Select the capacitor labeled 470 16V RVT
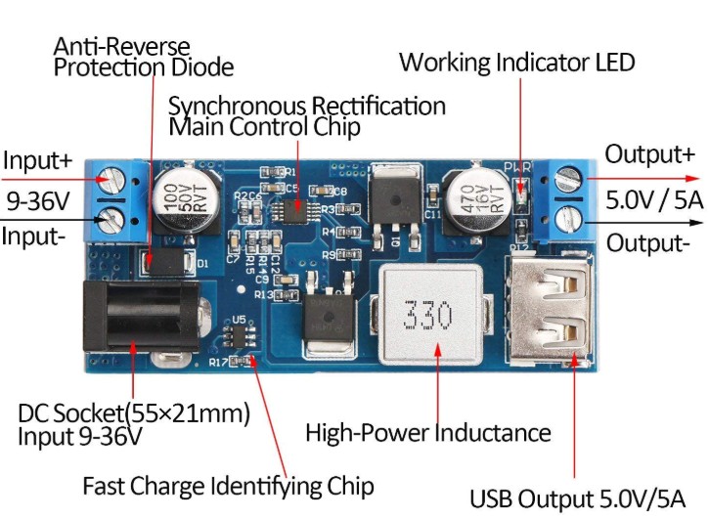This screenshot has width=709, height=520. (x=474, y=200)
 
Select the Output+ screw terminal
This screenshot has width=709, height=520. (x=567, y=179)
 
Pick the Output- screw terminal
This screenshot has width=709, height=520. (x=567, y=216)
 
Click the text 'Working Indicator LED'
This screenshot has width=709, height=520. (x=516, y=63)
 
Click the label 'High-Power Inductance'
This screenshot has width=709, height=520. (x=428, y=432)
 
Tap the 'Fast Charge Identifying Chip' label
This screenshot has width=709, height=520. (x=228, y=486)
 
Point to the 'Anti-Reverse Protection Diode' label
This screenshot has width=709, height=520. (x=143, y=57)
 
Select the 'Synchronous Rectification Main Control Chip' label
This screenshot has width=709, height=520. (x=307, y=115)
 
